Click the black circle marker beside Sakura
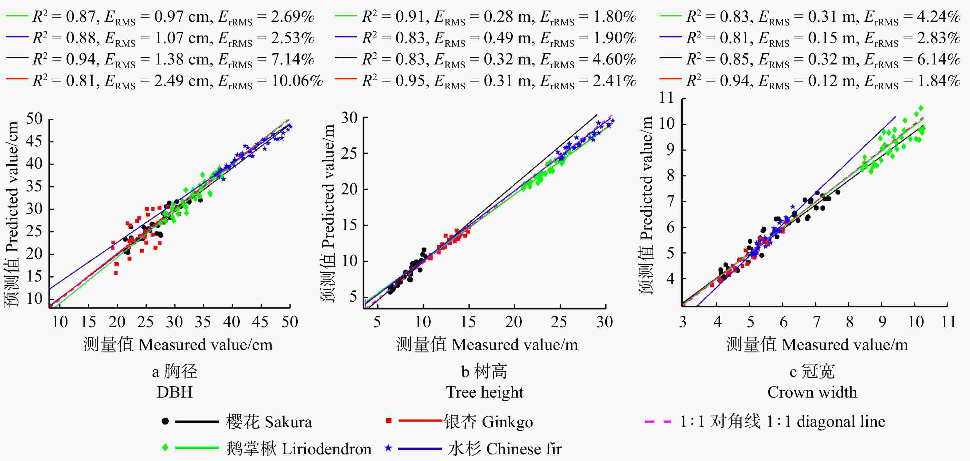[x=165, y=421]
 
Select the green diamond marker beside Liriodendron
[x=165, y=448]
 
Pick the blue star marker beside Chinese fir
[x=388, y=448]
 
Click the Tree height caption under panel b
[x=485, y=392]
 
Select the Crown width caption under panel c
[x=812, y=392]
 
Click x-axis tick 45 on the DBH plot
[x=260, y=322]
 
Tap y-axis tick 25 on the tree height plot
[x=349, y=153]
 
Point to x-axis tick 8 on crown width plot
[x=849, y=322]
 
